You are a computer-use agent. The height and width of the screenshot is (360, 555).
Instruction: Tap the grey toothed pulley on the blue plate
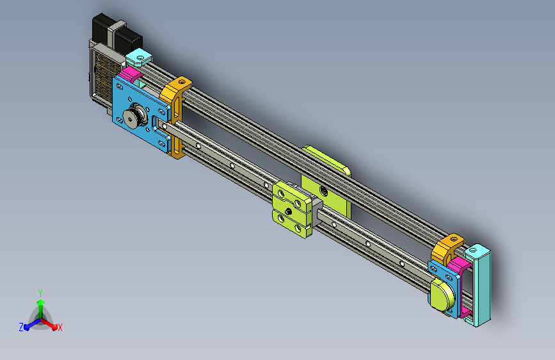[x=134, y=116]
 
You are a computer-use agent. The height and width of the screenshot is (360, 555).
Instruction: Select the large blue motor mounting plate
[x=141, y=113]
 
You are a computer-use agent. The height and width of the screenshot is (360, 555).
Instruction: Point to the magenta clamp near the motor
[x=130, y=75]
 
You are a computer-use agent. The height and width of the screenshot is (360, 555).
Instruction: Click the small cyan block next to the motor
[x=138, y=58]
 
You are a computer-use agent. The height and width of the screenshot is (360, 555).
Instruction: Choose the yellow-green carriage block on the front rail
[x=293, y=209]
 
